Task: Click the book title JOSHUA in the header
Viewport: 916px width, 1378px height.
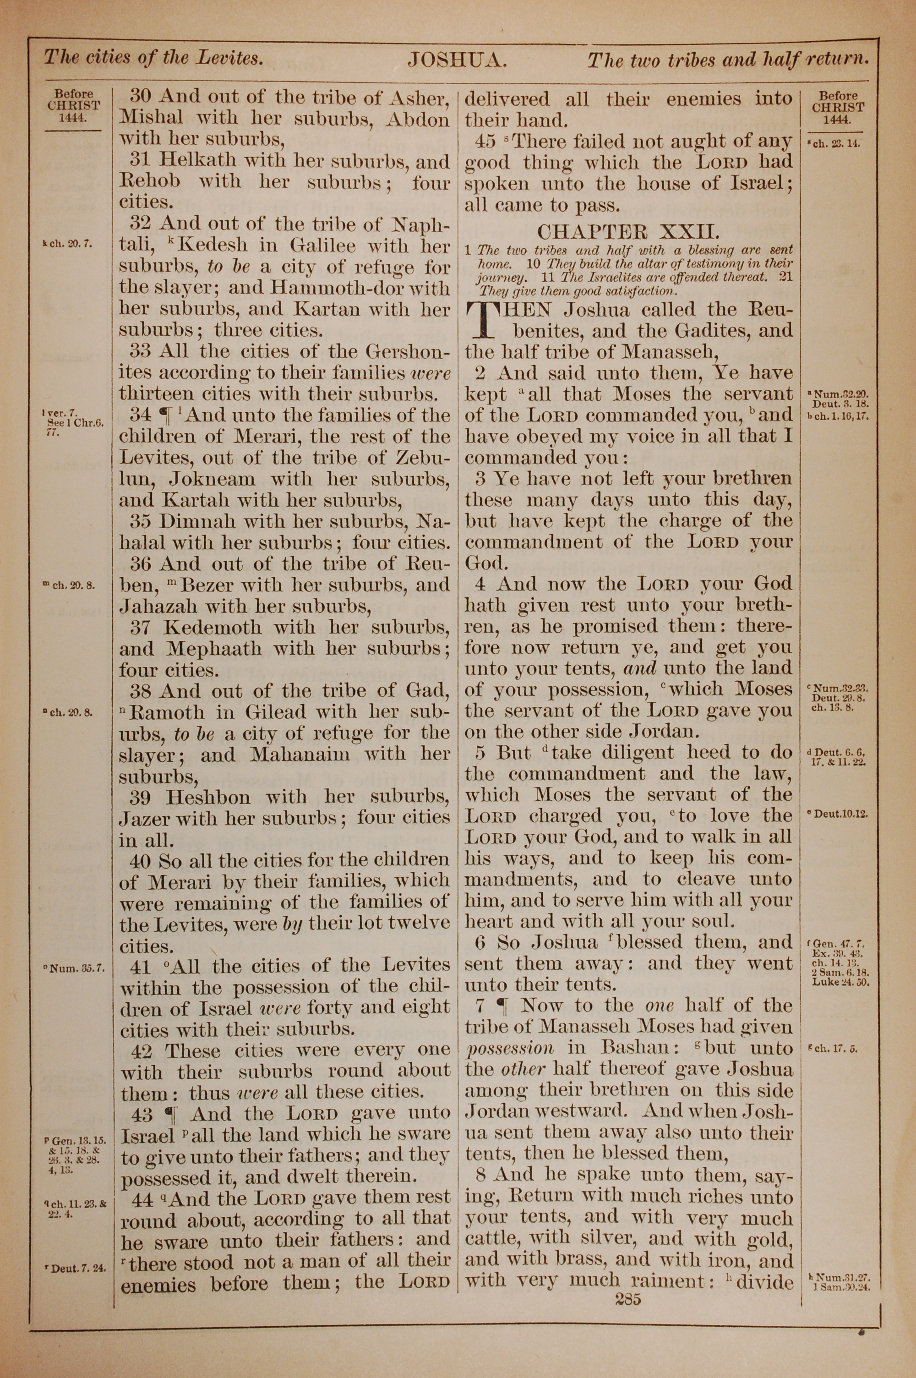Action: click(x=457, y=60)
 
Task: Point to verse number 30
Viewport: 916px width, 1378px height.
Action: click(x=140, y=96)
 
